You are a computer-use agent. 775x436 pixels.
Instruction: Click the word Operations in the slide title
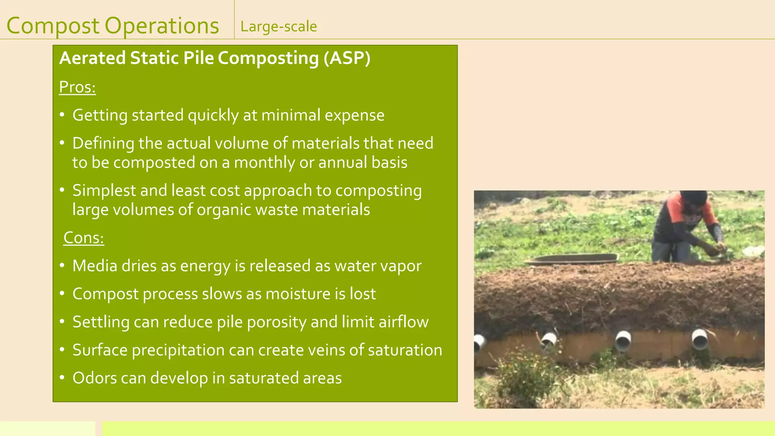(162, 26)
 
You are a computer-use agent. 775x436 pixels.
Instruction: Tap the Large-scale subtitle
(279, 26)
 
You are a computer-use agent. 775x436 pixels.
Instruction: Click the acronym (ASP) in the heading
(347, 58)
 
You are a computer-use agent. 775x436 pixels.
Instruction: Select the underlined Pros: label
(77, 87)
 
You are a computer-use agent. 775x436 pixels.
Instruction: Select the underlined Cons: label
(84, 238)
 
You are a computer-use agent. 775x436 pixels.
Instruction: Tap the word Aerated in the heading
(92, 58)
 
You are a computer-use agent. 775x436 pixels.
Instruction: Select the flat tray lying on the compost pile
(571, 259)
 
